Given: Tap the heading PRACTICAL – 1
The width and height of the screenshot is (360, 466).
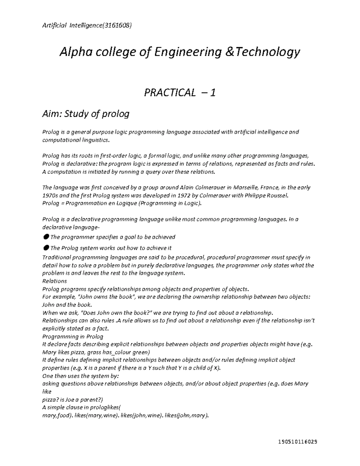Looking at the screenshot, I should tap(180, 93).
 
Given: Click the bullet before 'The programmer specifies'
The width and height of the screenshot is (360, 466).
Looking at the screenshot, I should tap(46, 237).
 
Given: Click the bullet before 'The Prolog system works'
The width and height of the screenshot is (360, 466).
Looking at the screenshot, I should tap(46, 248).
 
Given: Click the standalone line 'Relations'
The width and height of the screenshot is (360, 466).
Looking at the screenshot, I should tap(55, 281).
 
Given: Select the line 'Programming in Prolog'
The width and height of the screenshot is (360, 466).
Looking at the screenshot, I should tap(73, 336).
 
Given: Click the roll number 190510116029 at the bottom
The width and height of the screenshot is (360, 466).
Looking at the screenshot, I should tap(297, 442).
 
